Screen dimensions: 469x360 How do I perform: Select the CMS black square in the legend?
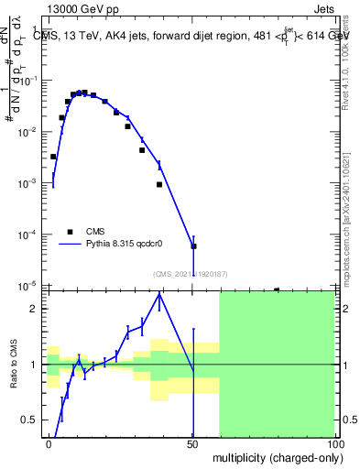coord(69,232)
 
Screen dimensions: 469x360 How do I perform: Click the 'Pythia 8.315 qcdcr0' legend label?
coord(125,244)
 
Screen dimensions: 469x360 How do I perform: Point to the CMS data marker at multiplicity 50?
coord(193,246)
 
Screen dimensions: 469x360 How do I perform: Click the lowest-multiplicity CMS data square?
coord(53,157)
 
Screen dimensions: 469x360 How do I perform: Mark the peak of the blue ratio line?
coord(159,294)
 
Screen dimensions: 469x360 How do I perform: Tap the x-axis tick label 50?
coord(193,442)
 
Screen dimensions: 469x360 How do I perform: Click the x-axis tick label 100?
coord(334,442)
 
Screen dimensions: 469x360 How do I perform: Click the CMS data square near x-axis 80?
coord(277,289)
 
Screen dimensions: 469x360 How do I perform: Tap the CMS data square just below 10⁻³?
coord(159,184)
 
